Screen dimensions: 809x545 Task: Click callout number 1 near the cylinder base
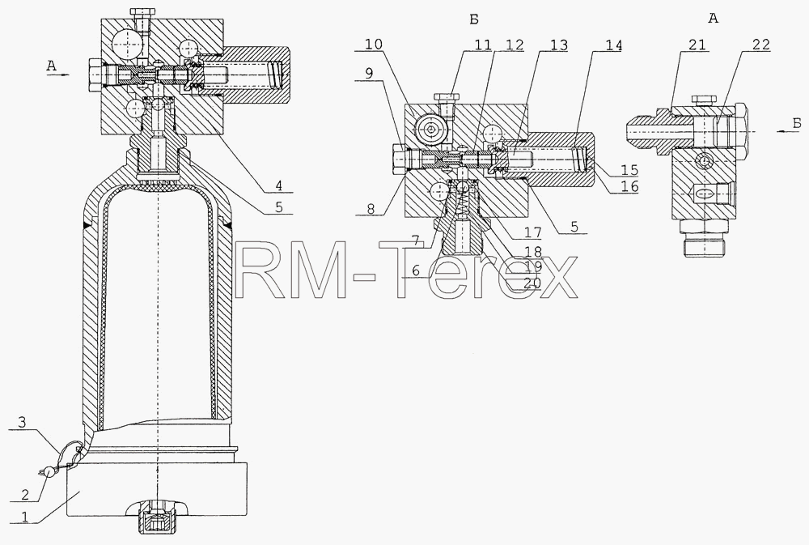pos(22,515)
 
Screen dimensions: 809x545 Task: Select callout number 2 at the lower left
pos(24,494)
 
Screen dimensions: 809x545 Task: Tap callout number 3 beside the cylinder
pos(21,423)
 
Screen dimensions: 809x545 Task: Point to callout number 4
pos(278,185)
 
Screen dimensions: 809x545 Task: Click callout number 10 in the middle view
pos(374,45)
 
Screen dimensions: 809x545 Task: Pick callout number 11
pos(482,45)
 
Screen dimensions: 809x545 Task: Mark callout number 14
pos(613,45)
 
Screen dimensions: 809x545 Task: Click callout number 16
pos(629,186)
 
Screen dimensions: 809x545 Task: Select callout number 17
pos(532,233)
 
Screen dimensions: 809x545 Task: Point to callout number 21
pos(697,45)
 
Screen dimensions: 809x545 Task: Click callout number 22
pos(760,45)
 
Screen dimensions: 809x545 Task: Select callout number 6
pos(416,270)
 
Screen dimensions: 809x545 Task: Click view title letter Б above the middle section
pos(474,19)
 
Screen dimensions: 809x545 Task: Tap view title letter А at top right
pos(714,19)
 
